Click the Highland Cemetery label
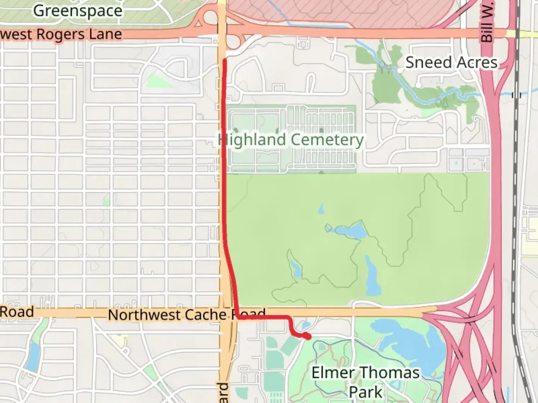tap(291, 140)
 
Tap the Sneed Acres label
tap(451, 62)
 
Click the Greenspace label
tap(78, 10)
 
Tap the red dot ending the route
tap(308, 337)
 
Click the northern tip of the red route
tap(225, 60)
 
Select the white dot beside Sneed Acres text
tap(400, 70)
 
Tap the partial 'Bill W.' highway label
tap(487, 22)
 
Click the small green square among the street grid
tap(106, 202)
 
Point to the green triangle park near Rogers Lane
tap(155, 81)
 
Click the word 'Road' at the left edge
tap(17, 312)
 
